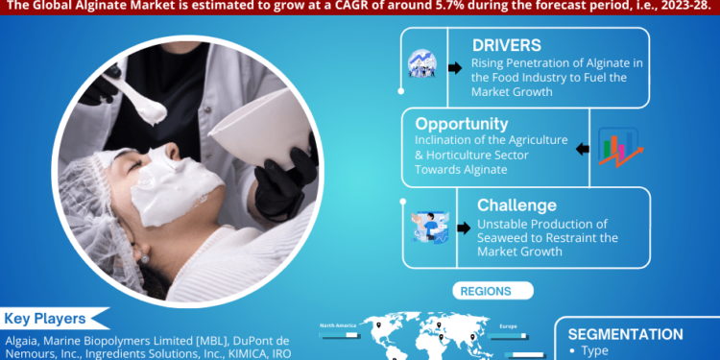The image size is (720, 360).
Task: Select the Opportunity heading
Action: [x=463, y=124]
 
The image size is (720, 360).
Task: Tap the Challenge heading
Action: [x=516, y=204]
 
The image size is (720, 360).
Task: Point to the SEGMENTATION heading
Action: [x=625, y=334]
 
